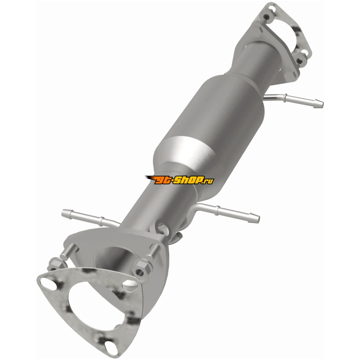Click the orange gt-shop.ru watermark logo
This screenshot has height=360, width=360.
tap(179, 180)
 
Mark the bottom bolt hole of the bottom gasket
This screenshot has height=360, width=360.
tap(110, 346)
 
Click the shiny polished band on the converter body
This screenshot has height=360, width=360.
tap(190, 149)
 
